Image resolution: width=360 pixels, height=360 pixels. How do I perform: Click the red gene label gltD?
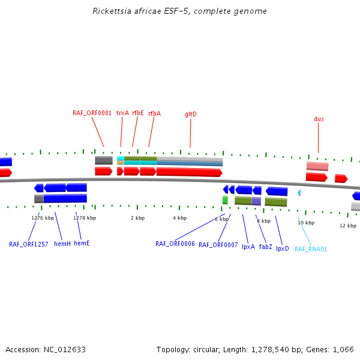[x=191, y=114]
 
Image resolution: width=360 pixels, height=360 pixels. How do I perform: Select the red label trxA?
[x=122, y=112]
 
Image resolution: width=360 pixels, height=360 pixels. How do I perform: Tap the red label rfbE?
[x=138, y=112]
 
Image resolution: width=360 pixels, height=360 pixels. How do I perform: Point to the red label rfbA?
[x=154, y=112]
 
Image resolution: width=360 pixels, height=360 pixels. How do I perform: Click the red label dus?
[x=319, y=119]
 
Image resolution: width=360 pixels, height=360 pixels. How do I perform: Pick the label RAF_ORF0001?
[x=92, y=112]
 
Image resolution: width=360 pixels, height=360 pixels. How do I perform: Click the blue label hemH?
[x=62, y=244]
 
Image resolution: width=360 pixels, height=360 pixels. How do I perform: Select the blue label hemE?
[x=82, y=244]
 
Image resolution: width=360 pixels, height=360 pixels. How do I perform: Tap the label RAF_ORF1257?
[x=28, y=244]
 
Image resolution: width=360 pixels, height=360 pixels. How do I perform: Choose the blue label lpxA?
[x=248, y=247]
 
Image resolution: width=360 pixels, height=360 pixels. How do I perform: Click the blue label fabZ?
[x=266, y=247]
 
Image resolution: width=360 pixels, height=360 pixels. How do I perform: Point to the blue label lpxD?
[x=283, y=248]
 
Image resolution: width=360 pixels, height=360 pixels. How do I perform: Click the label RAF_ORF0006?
[x=175, y=244]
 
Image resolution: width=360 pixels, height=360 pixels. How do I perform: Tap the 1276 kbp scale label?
[x=43, y=218]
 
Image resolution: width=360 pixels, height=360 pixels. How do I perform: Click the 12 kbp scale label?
[x=348, y=226]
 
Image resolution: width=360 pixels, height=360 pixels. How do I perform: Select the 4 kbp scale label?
[x=179, y=218]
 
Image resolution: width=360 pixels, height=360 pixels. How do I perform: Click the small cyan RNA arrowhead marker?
[x=299, y=193]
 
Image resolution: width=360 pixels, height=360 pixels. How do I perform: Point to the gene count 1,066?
[x=343, y=349]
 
